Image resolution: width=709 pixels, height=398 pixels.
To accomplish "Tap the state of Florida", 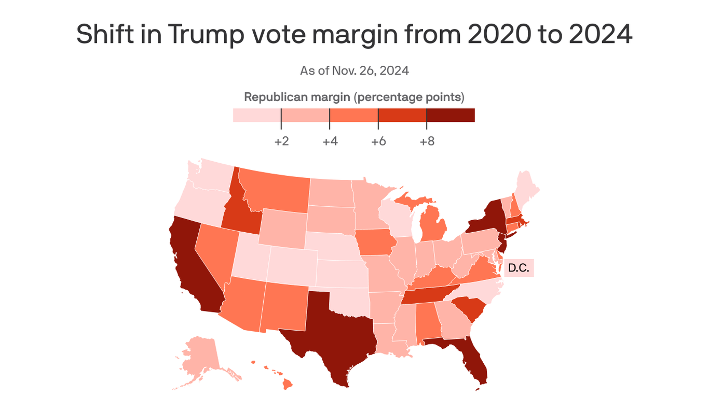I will click(x=470, y=358).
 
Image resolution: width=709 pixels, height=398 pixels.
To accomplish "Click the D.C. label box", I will click(x=519, y=268).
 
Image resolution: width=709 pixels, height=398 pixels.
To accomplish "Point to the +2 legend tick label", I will click(x=281, y=141).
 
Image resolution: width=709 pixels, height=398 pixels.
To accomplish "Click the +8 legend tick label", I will click(x=427, y=141).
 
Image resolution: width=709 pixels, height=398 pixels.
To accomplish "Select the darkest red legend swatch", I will click(x=451, y=115).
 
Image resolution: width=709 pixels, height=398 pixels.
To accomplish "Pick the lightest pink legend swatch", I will click(x=257, y=115).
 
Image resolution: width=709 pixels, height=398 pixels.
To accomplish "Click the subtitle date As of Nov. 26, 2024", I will click(x=354, y=70).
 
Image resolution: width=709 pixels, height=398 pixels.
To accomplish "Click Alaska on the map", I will click(x=200, y=358).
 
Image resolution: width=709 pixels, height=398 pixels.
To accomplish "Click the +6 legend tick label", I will click(x=378, y=141).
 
